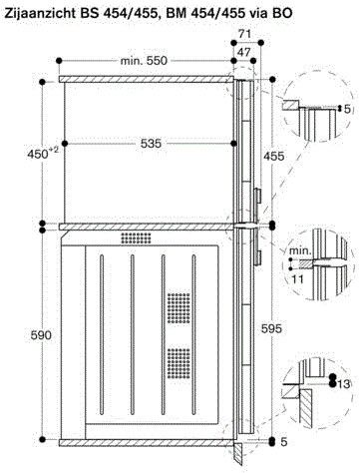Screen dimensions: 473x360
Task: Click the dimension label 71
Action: (244, 32)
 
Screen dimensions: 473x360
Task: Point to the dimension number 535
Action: (151, 144)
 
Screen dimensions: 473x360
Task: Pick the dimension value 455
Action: (273, 156)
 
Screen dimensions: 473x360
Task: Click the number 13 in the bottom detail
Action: (343, 384)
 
